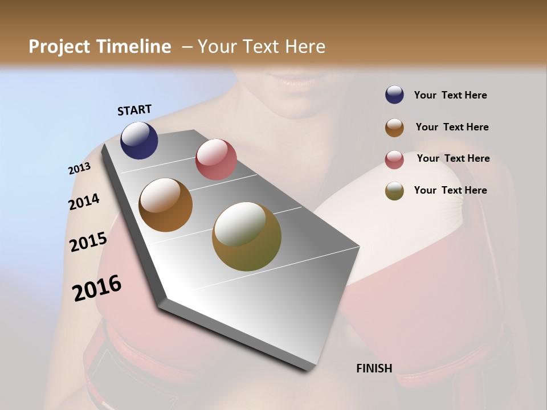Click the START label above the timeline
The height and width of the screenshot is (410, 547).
click(x=134, y=110)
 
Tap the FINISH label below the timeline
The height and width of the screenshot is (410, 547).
click(x=374, y=368)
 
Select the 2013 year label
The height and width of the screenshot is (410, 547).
click(x=79, y=169)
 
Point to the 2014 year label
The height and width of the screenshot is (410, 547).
click(x=84, y=202)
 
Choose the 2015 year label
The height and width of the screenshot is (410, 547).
click(x=88, y=242)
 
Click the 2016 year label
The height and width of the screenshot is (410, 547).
click(x=97, y=288)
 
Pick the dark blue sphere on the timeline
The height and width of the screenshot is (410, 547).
click(x=139, y=141)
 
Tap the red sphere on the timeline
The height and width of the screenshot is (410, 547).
click(x=216, y=159)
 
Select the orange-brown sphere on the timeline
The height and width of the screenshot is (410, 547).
click(x=165, y=205)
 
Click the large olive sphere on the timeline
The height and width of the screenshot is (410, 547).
click(x=247, y=236)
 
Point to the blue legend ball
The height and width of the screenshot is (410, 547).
click(x=394, y=95)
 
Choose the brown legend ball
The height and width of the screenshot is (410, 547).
click(x=394, y=127)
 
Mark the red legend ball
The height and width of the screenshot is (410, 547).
click(x=394, y=159)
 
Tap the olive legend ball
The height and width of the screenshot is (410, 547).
click(x=394, y=191)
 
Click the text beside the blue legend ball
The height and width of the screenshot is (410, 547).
click(x=451, y=95)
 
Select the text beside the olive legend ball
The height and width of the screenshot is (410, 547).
click(x=451, y=190)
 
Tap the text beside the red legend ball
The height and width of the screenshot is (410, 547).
click(x=453, y=158)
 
